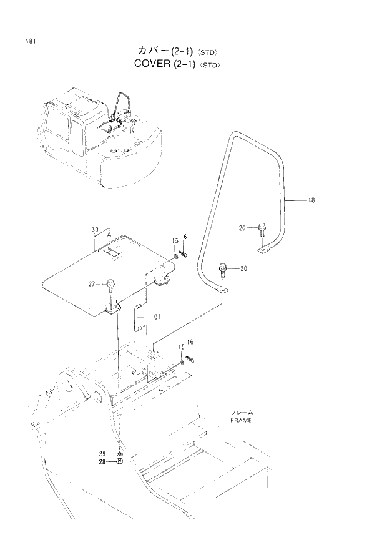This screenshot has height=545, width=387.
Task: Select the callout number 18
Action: coord(311,200)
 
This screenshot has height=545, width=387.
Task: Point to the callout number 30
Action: coord(95,230)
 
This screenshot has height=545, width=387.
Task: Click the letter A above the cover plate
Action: coord(109,235)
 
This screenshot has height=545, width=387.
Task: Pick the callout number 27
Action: coord(91,284)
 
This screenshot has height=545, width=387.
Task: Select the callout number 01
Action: coord(157,317)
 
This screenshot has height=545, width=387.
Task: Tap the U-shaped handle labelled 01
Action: coord(137,318)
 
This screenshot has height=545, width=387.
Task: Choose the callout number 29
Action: coord(102,453)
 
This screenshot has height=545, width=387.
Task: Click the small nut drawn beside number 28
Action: coord(119,461)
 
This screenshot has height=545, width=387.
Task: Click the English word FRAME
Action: coord(240,421)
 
